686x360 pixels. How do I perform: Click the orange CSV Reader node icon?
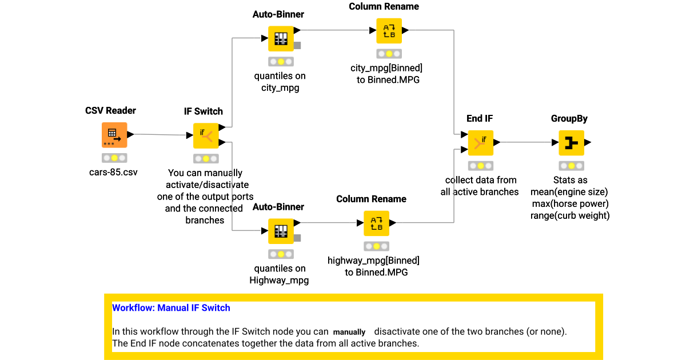[114, 135]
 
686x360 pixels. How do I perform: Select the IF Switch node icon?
[205, 135]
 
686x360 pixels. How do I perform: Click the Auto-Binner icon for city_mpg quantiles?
[280, 38]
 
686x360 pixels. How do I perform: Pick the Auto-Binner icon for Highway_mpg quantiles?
[280, 231]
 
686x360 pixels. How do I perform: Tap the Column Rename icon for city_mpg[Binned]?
[389, 31]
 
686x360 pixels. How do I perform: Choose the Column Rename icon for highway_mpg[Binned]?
[376, 223]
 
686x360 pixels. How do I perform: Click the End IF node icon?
[480, 143]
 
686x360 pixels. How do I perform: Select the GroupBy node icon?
[571, 143]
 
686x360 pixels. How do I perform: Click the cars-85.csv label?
[114, 171]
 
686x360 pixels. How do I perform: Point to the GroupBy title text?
[569, 118]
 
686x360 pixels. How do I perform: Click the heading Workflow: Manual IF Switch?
[171, 308]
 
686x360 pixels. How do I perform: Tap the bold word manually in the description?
[349, 332]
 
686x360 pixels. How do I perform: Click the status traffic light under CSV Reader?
[114, 158]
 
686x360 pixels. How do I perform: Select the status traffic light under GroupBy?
[571, 166]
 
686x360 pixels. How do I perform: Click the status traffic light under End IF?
[480, 166]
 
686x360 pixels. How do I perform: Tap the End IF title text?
[480, 118]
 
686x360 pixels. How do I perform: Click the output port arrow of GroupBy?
[588, 143]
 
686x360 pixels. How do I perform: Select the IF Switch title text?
[204, 111]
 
